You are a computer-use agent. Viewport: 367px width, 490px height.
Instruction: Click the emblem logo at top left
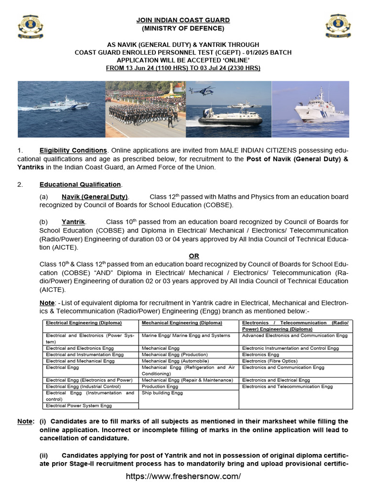tap(30, 28)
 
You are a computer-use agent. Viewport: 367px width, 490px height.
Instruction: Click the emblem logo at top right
tap(337, 28)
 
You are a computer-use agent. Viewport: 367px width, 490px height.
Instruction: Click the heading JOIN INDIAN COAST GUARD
tap(183, 20)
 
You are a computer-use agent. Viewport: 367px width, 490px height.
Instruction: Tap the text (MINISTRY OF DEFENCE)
tap(183, 28)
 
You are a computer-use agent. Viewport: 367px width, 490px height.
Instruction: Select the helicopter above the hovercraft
tap(208, 90)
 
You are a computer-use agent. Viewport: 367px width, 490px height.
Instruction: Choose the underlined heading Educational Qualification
tap(80, 184)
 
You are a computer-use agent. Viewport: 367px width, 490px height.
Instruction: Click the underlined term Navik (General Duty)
tap(95, 197)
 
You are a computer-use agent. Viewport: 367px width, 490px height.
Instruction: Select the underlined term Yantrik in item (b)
tap(74, 222)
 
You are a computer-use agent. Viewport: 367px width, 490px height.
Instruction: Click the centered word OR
tap(194, 256)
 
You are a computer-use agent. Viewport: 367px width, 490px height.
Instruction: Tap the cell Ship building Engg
tap(162, 393)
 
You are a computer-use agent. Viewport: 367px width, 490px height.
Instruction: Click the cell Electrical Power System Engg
tap(79, 405)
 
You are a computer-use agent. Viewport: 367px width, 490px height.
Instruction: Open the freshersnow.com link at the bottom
tap(183, 476)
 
